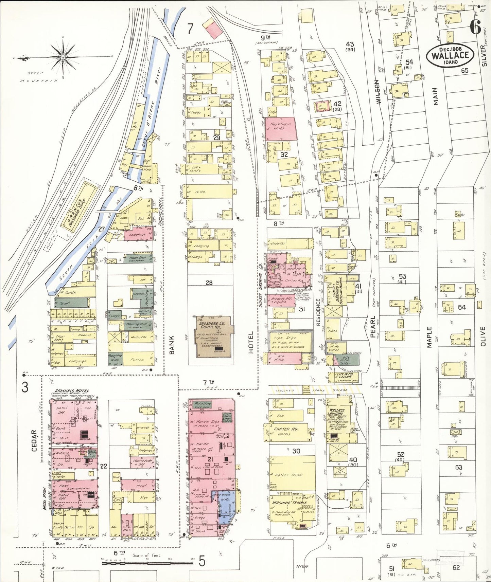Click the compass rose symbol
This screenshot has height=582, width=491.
coord(63,57)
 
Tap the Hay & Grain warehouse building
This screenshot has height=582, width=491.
coord(281,129)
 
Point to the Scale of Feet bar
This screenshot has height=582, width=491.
coord(147,562)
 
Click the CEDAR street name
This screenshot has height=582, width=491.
coord(34,441)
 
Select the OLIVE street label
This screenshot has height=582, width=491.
coord(483,337)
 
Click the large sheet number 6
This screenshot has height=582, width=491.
coord(475,26)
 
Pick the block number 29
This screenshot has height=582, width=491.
coord(216,138)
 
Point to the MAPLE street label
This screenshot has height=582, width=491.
coord(429,337)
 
